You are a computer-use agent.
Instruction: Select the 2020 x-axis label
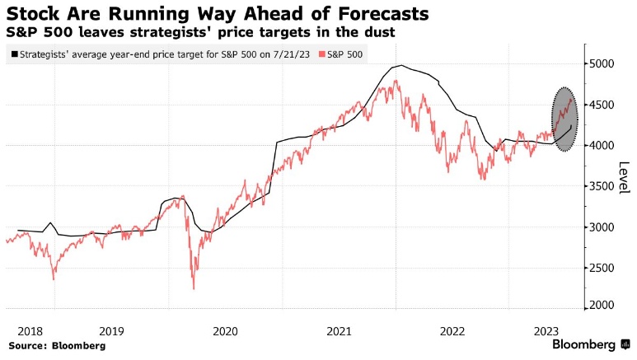click(x=225, y=330)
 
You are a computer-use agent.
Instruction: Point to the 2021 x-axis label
click(x=340, y=330)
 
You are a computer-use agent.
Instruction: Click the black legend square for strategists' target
click(x=14, y=54)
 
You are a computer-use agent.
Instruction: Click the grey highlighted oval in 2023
click(x=564, y=119)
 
